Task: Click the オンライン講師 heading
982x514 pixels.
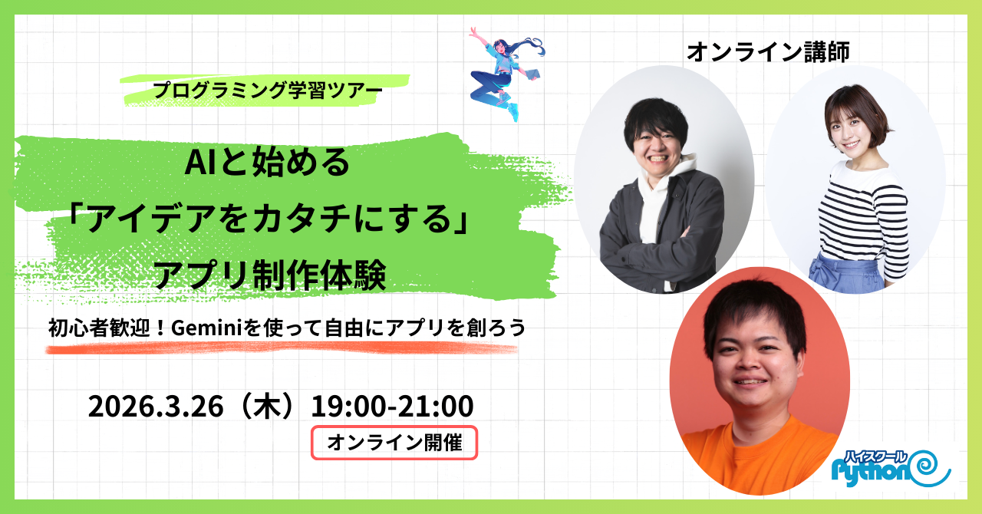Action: pyautogui.click(x=768, y=51)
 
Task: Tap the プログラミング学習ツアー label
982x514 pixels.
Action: pyautogui.click(x=267, y=91)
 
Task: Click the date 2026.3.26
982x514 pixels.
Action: pyautogui.click(x=156, y=406)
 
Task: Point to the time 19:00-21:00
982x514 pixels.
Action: pyautogui.click(x=392, y=406)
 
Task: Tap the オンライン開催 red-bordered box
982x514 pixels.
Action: pyautogui.click(x=394, y=443)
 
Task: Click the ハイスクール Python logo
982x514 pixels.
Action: pyautogui.click(x=891, y=469)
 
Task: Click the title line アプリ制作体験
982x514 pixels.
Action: pyautogui.click(x=269, y=275)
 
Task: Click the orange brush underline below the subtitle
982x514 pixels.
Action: pyautogui.click(x=282, y=348)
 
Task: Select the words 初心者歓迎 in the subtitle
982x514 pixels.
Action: pyautogui.click(x=99, y=328)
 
